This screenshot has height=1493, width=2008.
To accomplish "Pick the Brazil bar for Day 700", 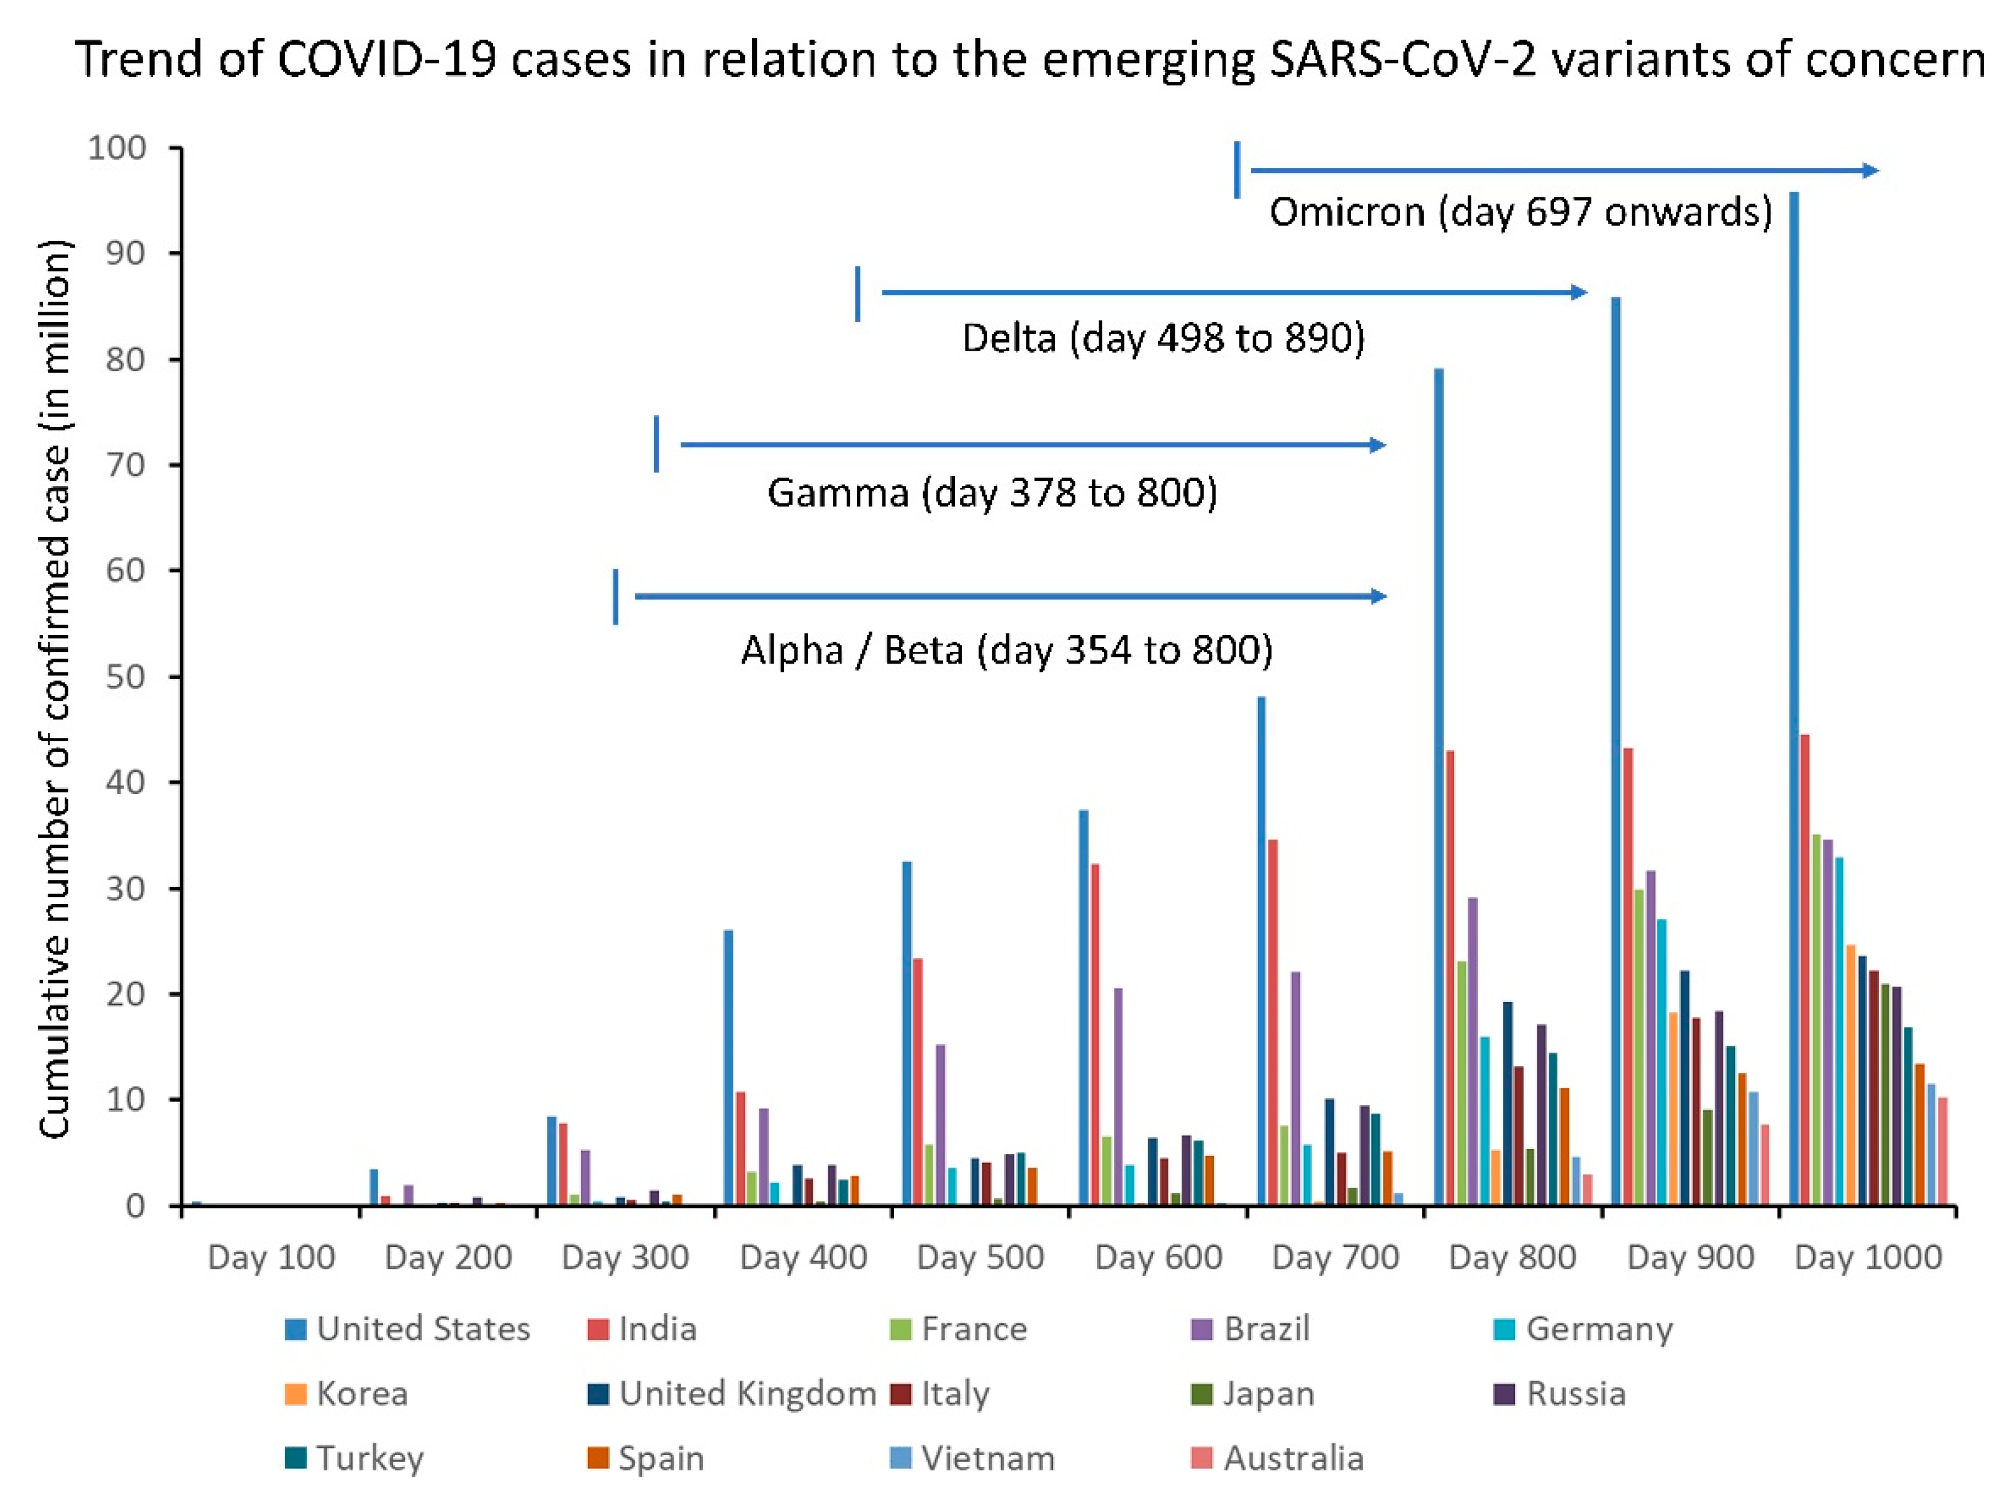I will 1295,1089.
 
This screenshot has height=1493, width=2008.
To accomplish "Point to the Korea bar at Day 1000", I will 1850,1075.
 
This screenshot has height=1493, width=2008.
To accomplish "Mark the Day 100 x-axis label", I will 271,1257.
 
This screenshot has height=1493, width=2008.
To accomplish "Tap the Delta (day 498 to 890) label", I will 1162,338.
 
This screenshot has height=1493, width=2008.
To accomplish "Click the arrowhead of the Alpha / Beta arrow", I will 1378,597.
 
